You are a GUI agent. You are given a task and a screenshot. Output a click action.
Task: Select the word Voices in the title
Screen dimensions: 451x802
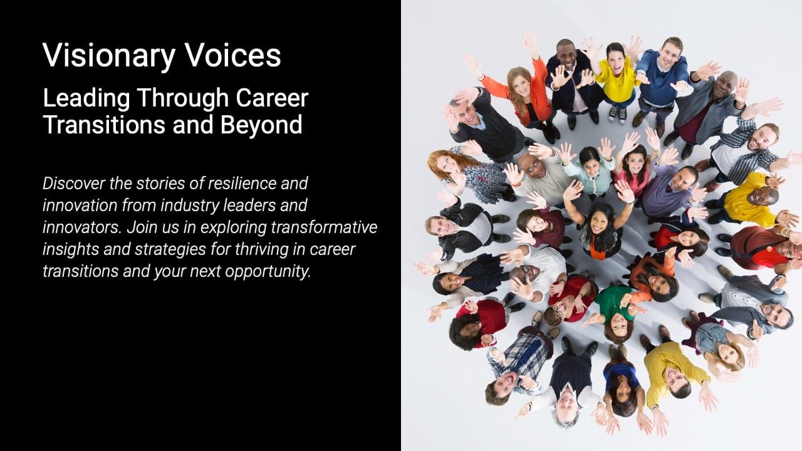click(x=232, y=55)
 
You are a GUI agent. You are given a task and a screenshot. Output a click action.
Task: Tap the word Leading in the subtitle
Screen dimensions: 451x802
click(x=86, y=98)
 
